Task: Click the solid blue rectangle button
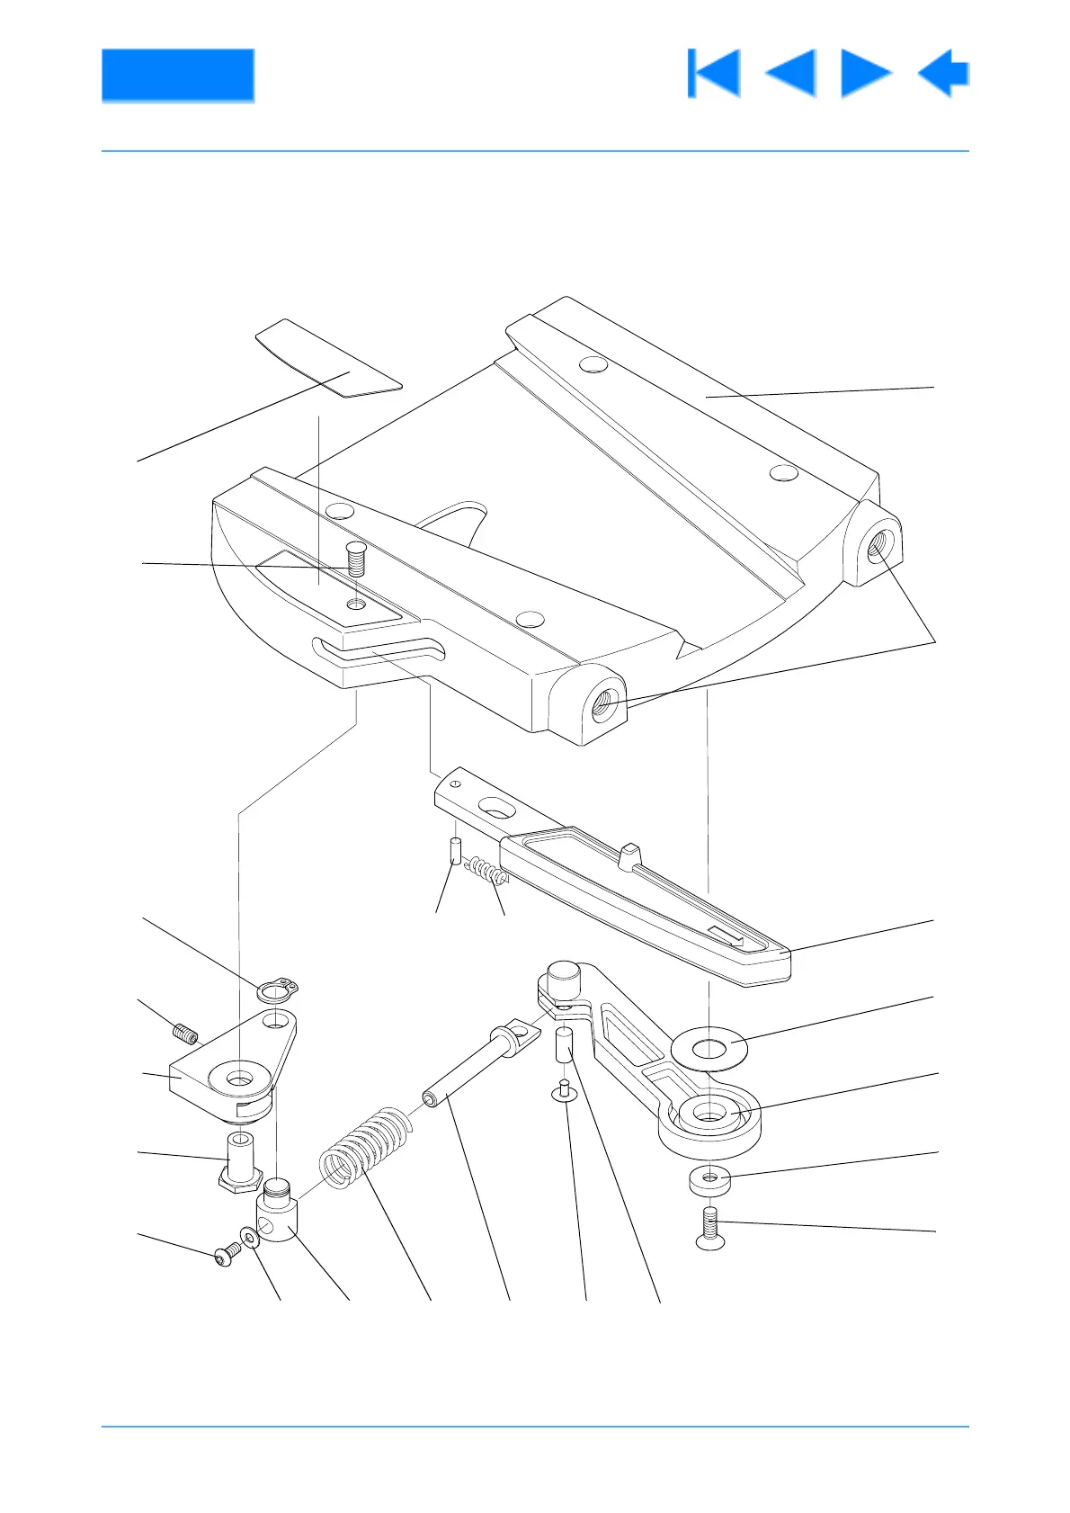[177, 75]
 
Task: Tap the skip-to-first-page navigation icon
[714, 73]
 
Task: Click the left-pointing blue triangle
[791, 73]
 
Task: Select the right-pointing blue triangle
[865, 73]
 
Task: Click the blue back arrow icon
[943, 73]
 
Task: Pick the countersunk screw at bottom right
[710, 1230]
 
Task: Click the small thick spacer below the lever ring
[709, 1179]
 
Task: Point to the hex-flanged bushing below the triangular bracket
[239, 1162]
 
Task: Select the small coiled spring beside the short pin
[486, 872]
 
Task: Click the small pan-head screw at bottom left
[227, 1255]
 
